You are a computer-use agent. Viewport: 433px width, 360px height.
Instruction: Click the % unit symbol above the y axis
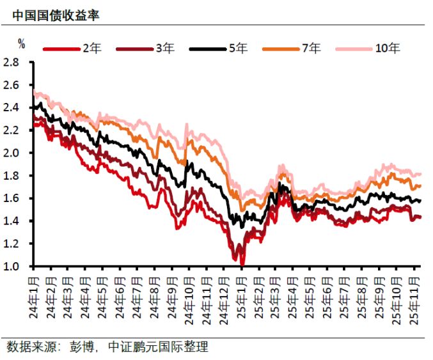21,44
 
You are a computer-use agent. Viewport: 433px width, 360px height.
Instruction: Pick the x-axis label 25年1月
242,295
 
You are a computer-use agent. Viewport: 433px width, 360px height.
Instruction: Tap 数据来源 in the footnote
29,347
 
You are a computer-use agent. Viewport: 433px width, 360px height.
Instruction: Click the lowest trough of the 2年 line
242,263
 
